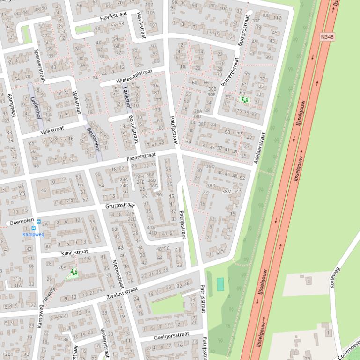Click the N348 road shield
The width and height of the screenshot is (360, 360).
[328, 36]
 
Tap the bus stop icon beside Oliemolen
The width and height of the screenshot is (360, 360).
[38, 222]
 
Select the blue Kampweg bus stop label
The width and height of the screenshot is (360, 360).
[33, 234]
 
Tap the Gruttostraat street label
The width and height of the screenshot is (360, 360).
[120, 206]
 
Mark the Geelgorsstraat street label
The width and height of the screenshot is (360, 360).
[171, 335]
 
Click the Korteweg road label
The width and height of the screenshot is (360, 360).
[335, 277]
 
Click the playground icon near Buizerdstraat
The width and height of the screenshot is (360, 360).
[243, 100]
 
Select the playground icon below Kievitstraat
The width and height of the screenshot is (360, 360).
[73, 272]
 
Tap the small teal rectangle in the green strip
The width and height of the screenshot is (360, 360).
[220, 283]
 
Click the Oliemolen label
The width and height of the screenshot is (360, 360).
[21, 223]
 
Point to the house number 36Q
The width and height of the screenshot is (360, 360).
[210, 166]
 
